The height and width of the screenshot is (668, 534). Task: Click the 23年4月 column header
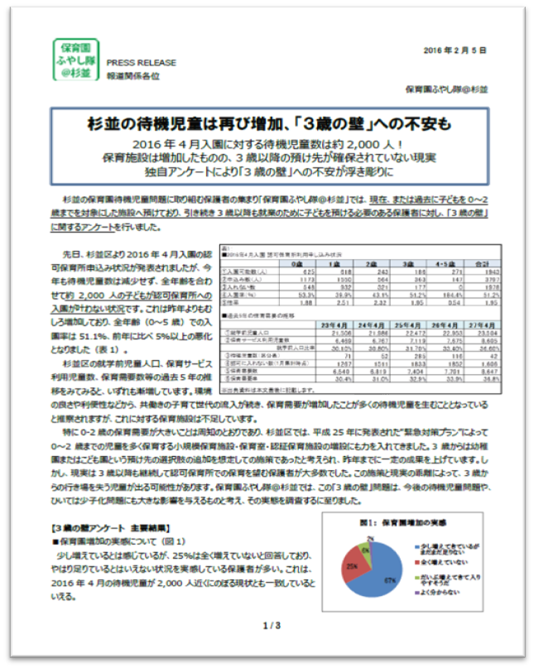(319, 324)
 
